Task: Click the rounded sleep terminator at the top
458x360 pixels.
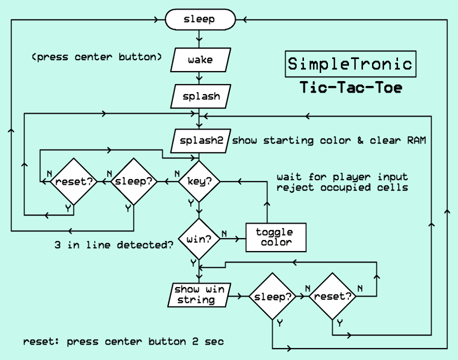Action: pos(199,19)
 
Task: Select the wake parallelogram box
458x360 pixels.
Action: pos(200,60)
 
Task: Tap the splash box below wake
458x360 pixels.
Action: pos(200,96)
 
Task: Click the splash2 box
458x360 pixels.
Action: pos(200,140)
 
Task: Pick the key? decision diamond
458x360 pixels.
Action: pos(199,181)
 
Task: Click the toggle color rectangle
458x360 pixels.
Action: pos(274,237)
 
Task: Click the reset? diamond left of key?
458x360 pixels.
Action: pos(74,181)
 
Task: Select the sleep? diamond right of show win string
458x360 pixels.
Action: pos(272,296)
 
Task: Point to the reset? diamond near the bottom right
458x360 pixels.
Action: pos(332,296)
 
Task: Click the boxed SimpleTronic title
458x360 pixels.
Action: pos(350,63)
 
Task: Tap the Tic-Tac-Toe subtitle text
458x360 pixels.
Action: pos(350,87)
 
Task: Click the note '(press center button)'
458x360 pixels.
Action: pos(97,57)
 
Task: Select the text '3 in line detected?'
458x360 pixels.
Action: pos(114,245)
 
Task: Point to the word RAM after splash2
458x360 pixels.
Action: pos(415,140)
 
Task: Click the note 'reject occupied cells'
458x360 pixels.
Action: pos(342,187)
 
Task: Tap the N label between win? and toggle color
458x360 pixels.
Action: pos(224,233)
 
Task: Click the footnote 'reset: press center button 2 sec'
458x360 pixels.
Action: pos(123,342)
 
